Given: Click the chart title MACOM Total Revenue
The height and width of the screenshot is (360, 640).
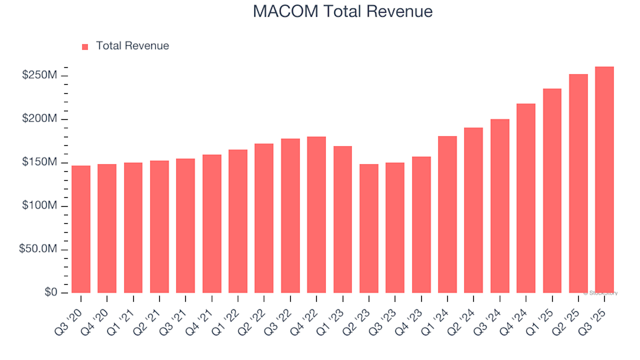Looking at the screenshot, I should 343,11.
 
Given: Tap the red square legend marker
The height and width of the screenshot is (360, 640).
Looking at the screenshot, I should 85,47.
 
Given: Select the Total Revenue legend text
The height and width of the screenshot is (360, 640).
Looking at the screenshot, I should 132,46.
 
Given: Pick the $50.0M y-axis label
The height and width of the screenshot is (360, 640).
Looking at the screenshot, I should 39,249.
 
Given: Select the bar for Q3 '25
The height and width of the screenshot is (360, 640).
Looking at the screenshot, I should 604,180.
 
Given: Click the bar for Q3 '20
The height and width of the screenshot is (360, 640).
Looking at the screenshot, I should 81,229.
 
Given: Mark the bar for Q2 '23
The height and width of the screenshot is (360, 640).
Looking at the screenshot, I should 369,229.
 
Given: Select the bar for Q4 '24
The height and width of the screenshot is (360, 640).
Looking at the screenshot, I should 526,198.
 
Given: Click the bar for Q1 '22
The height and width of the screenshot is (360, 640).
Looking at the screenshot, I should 238,221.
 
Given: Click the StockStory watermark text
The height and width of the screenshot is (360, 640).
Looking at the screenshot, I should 601,293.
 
